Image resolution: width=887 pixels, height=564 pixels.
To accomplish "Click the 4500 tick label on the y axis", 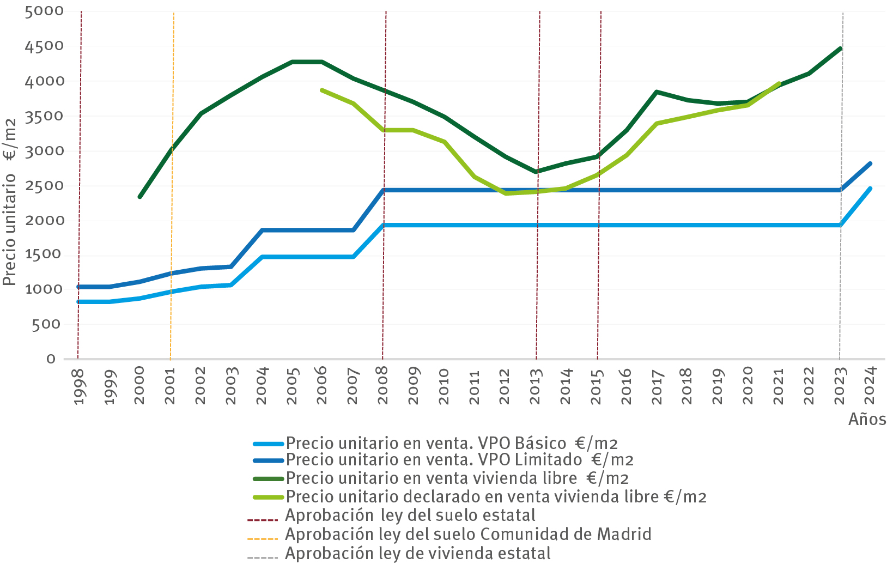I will pos(44,46).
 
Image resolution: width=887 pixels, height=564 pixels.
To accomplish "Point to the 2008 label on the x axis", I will pos(383,386).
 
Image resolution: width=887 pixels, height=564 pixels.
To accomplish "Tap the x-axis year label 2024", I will pos(870,386).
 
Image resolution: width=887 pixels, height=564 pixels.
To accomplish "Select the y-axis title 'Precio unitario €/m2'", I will pos(10,202).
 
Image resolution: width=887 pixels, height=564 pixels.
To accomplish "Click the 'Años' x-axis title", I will pos(867,419).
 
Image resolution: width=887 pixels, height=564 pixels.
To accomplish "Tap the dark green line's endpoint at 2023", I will pos(841,48).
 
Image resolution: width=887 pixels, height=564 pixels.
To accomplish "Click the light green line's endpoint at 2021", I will pos(779,84).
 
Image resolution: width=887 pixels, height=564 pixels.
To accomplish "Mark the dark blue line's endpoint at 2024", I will pos(870,163).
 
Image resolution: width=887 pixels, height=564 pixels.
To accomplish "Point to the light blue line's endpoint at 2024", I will pos(870,189).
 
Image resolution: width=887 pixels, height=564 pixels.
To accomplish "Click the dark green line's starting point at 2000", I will pos(139,197).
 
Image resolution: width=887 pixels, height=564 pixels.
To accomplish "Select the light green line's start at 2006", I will pos(322,90).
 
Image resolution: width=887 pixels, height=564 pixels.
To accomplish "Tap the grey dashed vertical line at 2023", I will pos(841,136).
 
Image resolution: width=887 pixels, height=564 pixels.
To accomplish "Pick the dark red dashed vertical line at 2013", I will pos(538,109).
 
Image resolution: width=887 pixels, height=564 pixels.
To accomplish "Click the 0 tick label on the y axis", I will pos(51,359).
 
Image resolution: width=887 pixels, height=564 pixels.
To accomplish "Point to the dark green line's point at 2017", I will pos(657,92).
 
